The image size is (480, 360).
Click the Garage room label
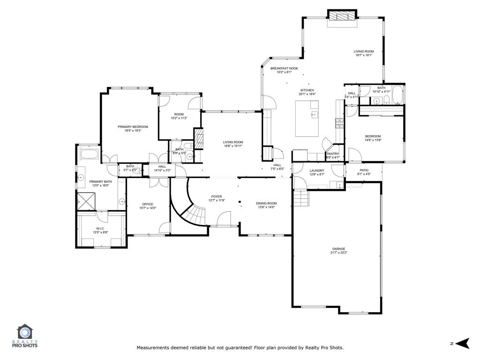[x=338, y=249]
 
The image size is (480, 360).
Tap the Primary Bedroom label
[x=133, y=127]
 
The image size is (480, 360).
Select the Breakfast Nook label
[x=284, y=68]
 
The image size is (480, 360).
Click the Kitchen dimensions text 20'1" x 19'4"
[x=307, y=94]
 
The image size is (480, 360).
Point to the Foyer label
[x=216, y=197]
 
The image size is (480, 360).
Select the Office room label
[x=148, y=204]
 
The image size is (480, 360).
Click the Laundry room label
[x=317, y=171]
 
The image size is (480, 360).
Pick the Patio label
[x=364, y=170]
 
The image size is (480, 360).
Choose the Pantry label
[x=333, y=154]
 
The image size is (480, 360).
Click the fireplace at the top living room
[x=342, y=16]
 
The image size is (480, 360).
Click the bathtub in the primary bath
[x=89, y=155]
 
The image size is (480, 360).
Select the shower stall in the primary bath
[x=86, y=201]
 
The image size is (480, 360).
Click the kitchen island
[x=307, y=118]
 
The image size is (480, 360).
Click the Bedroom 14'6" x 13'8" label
[x=373, y=136]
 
